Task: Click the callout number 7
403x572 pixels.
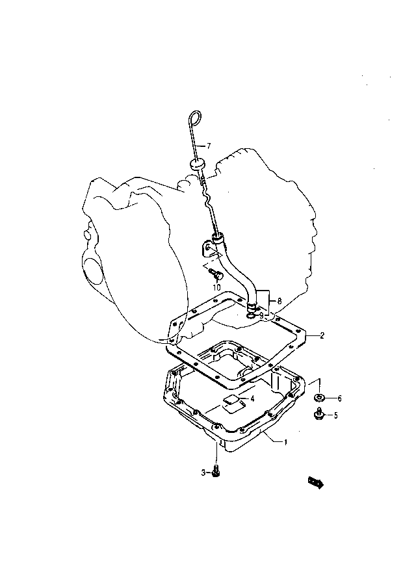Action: point(208,146)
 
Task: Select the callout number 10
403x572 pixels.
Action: point(216,287)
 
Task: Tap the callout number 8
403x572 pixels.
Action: point(279,302)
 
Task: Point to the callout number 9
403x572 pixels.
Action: point(261,314)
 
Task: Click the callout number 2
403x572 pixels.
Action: point(322,335)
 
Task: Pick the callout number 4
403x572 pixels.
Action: point(252,398)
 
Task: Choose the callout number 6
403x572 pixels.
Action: point(339,398)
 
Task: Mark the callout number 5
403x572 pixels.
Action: point(335,415)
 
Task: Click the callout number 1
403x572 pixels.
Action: point(286,442)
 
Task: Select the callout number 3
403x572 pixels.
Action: point(203,473)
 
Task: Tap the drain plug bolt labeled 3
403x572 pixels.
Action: point(216,471)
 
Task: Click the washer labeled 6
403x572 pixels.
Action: point(320,398)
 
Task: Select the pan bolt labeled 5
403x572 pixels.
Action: point(318,413)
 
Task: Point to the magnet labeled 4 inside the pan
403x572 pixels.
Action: point(231,401)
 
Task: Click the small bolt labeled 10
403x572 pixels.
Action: point(214,272)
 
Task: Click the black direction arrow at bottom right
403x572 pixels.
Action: point(316,482)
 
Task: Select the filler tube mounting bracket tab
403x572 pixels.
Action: point(207,249)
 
